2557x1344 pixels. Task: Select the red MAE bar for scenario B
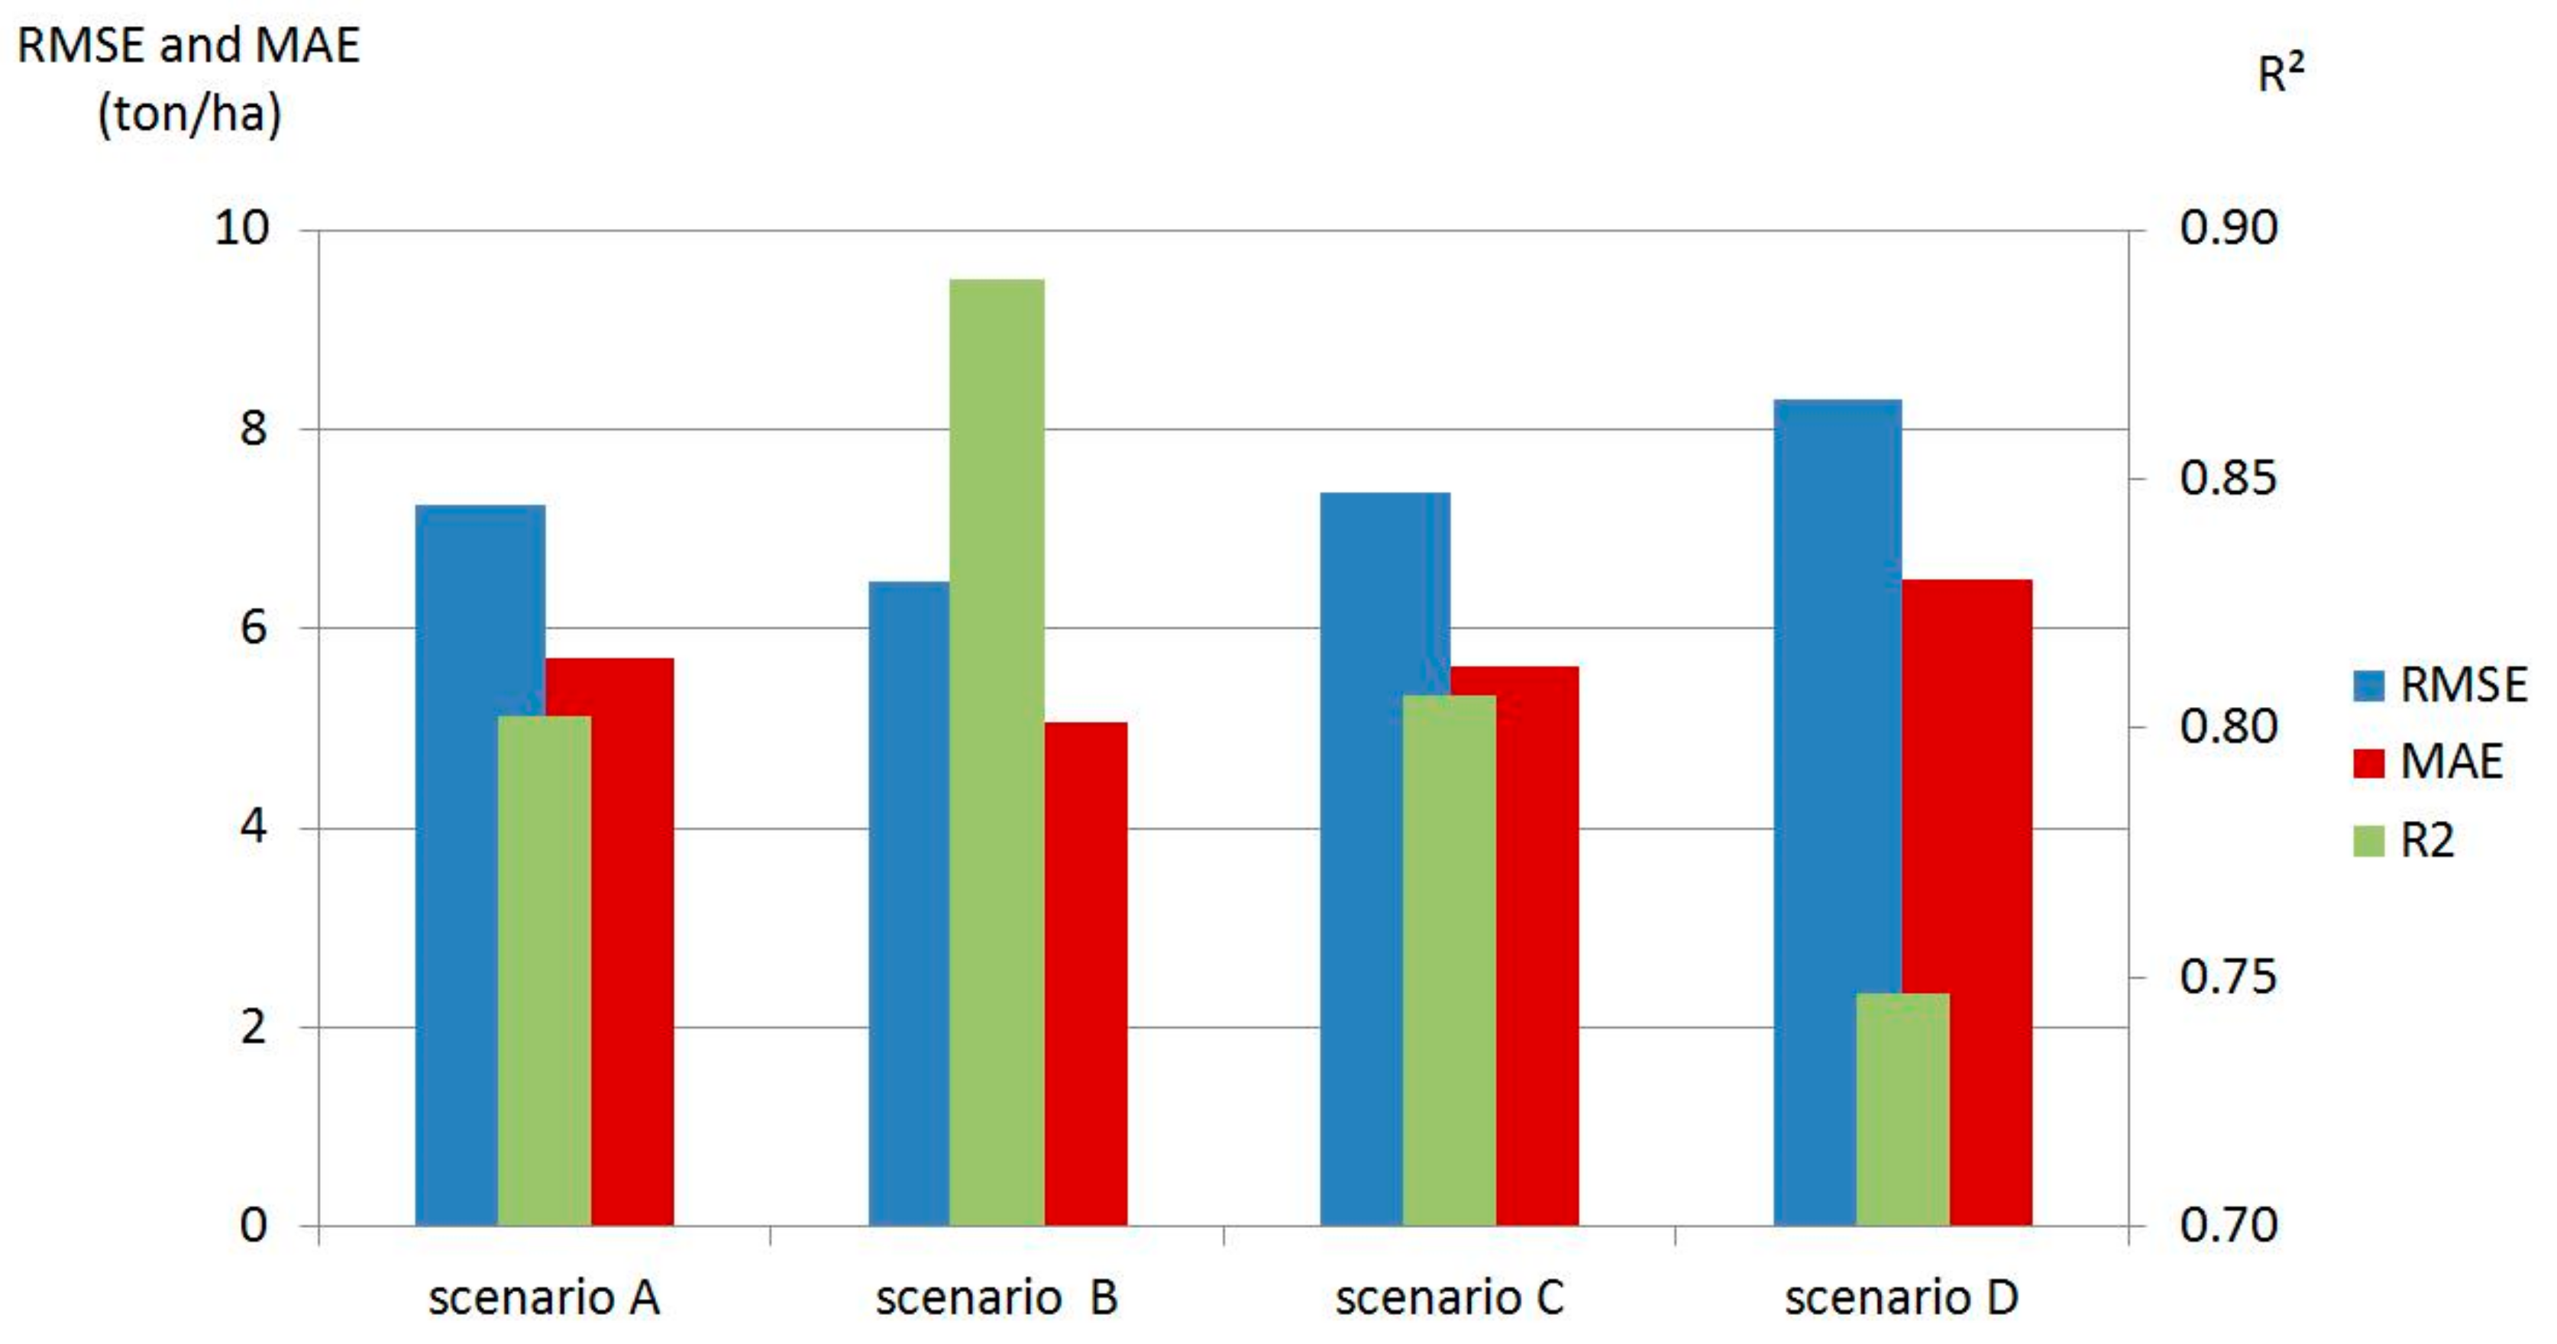[1085, 973]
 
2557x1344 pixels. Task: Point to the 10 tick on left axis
[241, 228]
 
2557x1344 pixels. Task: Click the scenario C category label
[1450, 1297]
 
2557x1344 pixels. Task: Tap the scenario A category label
[544, 1297]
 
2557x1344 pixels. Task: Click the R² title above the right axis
[2280, 73]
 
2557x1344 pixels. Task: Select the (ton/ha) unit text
[189, 113]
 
